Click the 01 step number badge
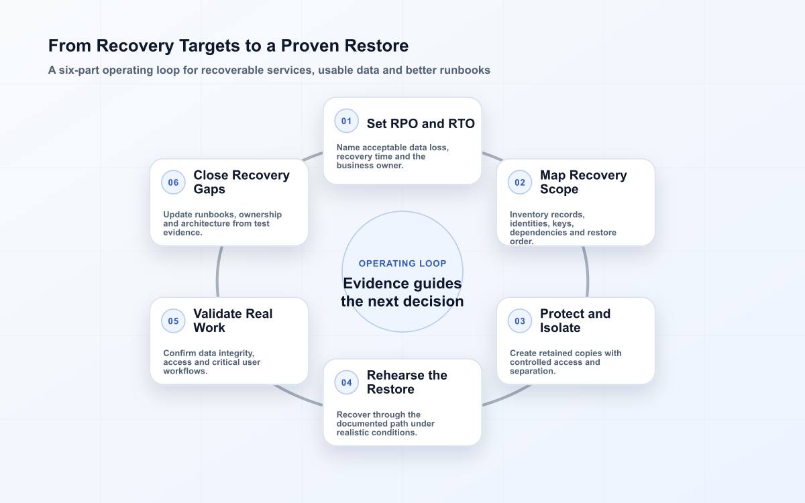tap(346, 121)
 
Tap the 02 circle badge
tap(520, 182)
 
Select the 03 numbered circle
tap(520, 321)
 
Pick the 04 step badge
tap(346, 383)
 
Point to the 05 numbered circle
tap(173, 321)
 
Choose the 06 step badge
tap(173, 182)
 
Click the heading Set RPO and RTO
tap(421, 123)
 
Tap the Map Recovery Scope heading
tap(583, 182)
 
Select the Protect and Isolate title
tap(575, 321)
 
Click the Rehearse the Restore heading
tap(407, 382)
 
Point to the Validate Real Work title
tap(233, 321)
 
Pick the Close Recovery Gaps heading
tap(241, 182)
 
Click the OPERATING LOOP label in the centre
tap(402, 264)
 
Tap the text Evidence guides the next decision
tap(402, 292)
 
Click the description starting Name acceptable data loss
tap(392, 156)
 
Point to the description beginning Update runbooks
tap(223, 223)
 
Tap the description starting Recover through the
tap(385, 424)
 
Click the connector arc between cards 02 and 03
tap(586, 272)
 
